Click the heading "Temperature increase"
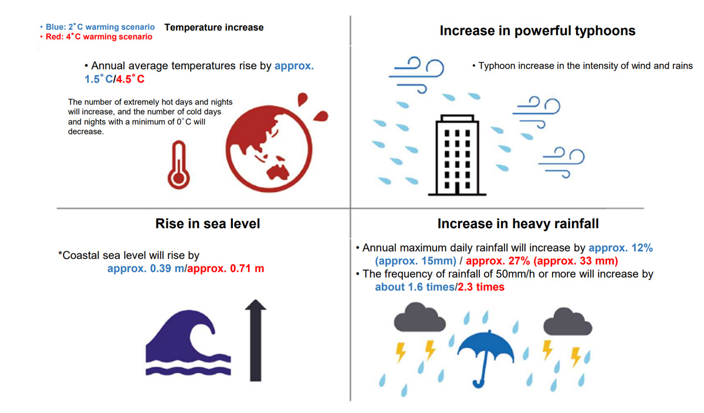(x=214, y=28)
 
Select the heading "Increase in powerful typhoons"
(x=537, y=31)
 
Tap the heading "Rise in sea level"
(x=208, y=224)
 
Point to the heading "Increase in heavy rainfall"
(x=518, y=224)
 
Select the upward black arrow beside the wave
(x=255, y=340)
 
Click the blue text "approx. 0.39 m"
(x=145, y=269)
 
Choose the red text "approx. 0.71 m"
(x=225, y=269)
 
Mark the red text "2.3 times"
(x=481, y=287)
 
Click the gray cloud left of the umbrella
(x=418, y=318)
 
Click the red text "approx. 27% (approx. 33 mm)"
(x=542, y=261)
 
